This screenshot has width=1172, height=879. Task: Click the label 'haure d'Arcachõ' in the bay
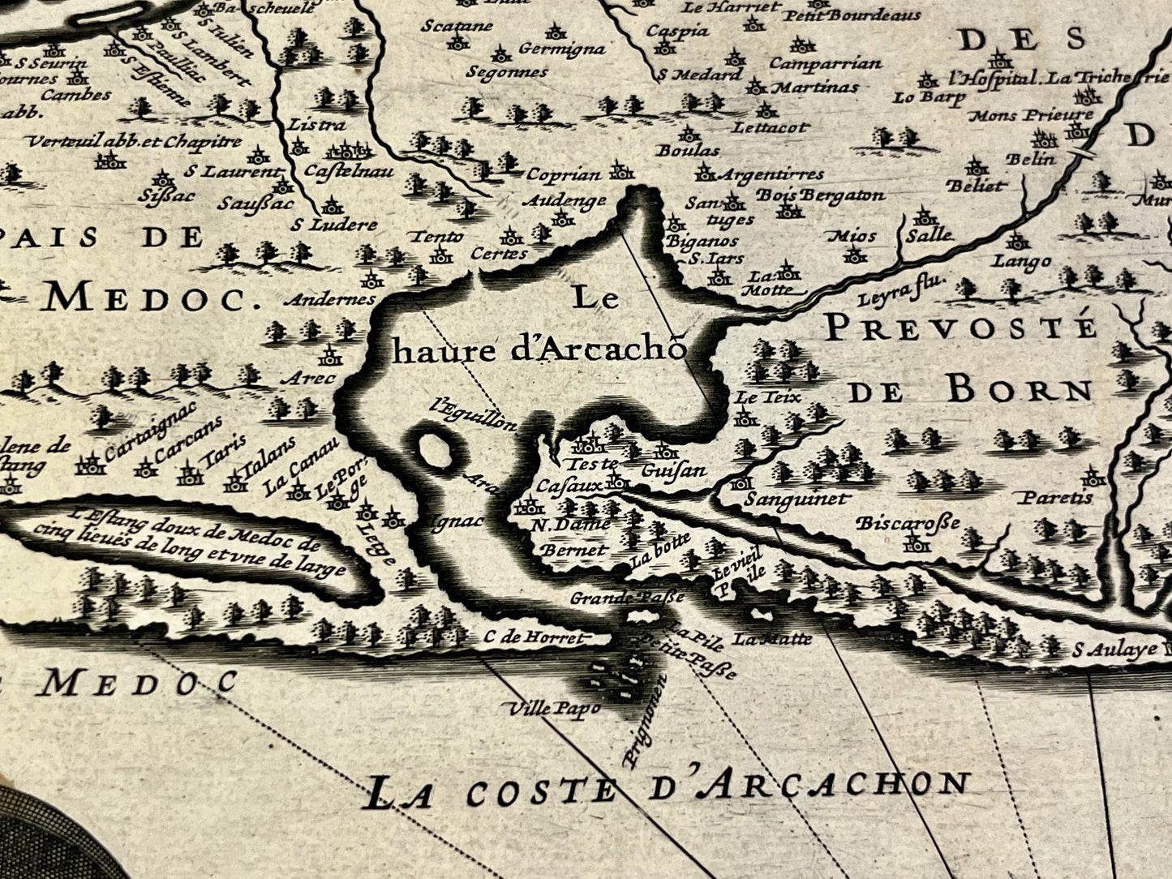click(x=539, y=350)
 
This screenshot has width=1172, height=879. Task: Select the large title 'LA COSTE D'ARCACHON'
click(x=668, y=788)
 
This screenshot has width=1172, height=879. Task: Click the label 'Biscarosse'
click(x=908, y=523)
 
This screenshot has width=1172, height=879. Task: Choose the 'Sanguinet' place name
click(x=796, y=500)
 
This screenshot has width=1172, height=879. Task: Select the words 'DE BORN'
click(x=970, y=392)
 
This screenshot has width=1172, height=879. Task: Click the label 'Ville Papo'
click(x=554, y=708)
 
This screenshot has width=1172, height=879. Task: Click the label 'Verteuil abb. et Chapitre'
click(x=134, y=142)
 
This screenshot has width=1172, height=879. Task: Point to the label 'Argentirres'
click(x=771, y=174)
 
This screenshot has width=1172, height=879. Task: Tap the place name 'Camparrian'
click(x=825, y=63)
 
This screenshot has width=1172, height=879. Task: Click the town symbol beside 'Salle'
click(x=922, y=217)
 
